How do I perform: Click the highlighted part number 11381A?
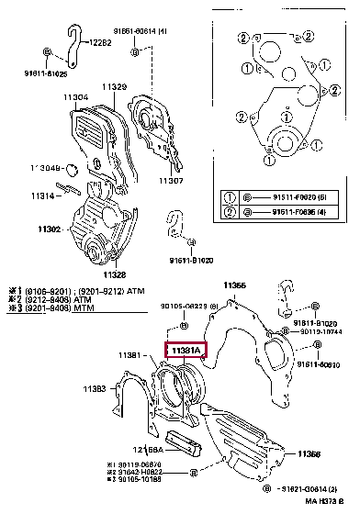pos(186,350)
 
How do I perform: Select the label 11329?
pos(114,86)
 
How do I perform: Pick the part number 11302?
pos(48,229)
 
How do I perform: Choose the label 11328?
pos(114,274)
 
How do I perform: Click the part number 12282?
pos(101,43)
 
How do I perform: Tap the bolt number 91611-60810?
pos(315,364)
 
